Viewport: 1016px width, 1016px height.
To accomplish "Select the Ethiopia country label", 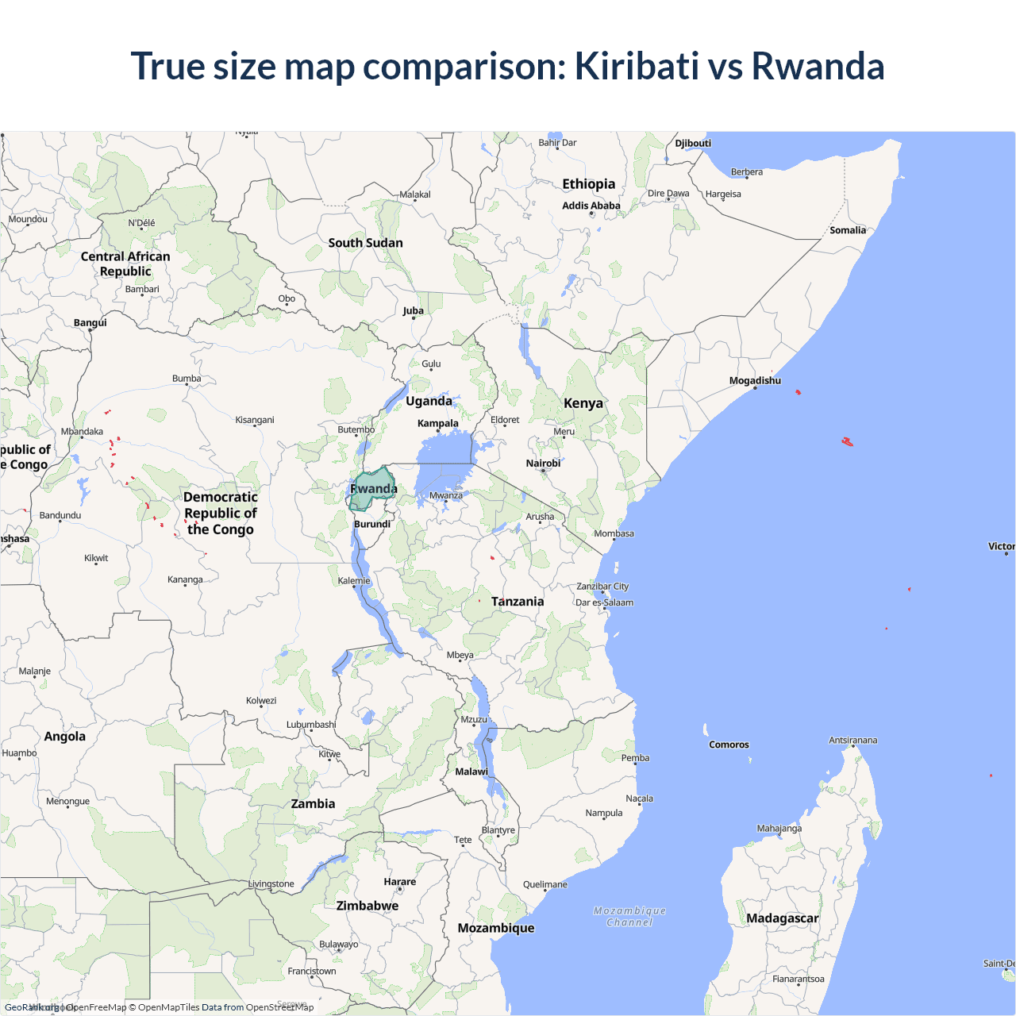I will pyautogui.click(x=588, y=184).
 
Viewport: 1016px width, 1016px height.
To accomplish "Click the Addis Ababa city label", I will pyautogui.click(x=591, y=206).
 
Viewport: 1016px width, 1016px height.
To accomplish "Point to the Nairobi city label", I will pyautogui.click(x=543, y=464).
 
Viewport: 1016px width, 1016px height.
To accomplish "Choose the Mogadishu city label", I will pyautogui.click(x=755, y=381).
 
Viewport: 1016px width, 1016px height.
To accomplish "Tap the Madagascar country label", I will pyautogui.click(x=782, y=918).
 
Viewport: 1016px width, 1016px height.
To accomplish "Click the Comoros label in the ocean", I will pyautogui.click(x=729, y=745).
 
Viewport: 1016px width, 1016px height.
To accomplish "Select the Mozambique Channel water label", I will pyautogui.click(x=629, y=917).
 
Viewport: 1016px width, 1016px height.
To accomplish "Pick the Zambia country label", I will pyautogui.click(x=313, y=804).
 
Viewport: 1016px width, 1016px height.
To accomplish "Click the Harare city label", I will pyautogui.click(x=399, y=882).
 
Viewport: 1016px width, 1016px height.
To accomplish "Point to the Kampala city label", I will pyautogui.click(x=437, y=423).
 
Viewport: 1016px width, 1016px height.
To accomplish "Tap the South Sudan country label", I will pyautogui.click(x=365, y=243).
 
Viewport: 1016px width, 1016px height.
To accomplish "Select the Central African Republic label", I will pyautogui.click(x=125, y=264).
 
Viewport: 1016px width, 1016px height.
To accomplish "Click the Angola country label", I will pyautogui.click(x=64, y=737).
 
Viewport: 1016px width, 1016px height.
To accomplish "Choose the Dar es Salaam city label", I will pyautogui.click(x=605, y=602).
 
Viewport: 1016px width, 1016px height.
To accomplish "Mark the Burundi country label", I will pyautogui.click(x=372, y=524).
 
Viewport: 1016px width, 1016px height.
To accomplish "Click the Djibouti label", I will pyautogui.click(x=693, y=144).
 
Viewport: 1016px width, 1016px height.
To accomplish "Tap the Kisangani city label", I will pyautogui.click(x=255, y=420).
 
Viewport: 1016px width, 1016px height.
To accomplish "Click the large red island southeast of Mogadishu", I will pyautogui.click(x=847, y=441).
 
